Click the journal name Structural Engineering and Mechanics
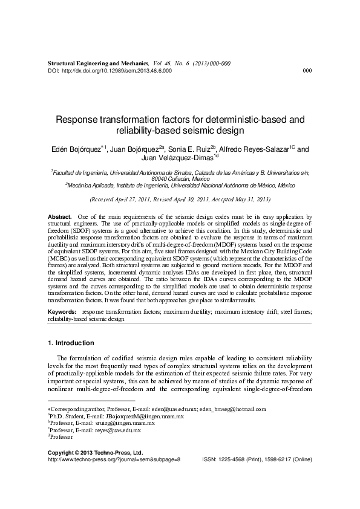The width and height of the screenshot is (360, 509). pyautogui.click(x=97, y=63)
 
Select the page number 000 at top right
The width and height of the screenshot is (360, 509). pyautogui.click(x=306, y=71)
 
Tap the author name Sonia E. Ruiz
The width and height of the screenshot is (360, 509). pyautogui.click(x=186, y=148)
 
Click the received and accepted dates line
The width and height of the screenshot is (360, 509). pyautogui.click(x=180, y=199)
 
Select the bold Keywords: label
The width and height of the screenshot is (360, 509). pyautogui.click(x=62, y=313)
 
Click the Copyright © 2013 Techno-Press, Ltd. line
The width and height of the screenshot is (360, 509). pyautogui.click(x=95, y=452)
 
